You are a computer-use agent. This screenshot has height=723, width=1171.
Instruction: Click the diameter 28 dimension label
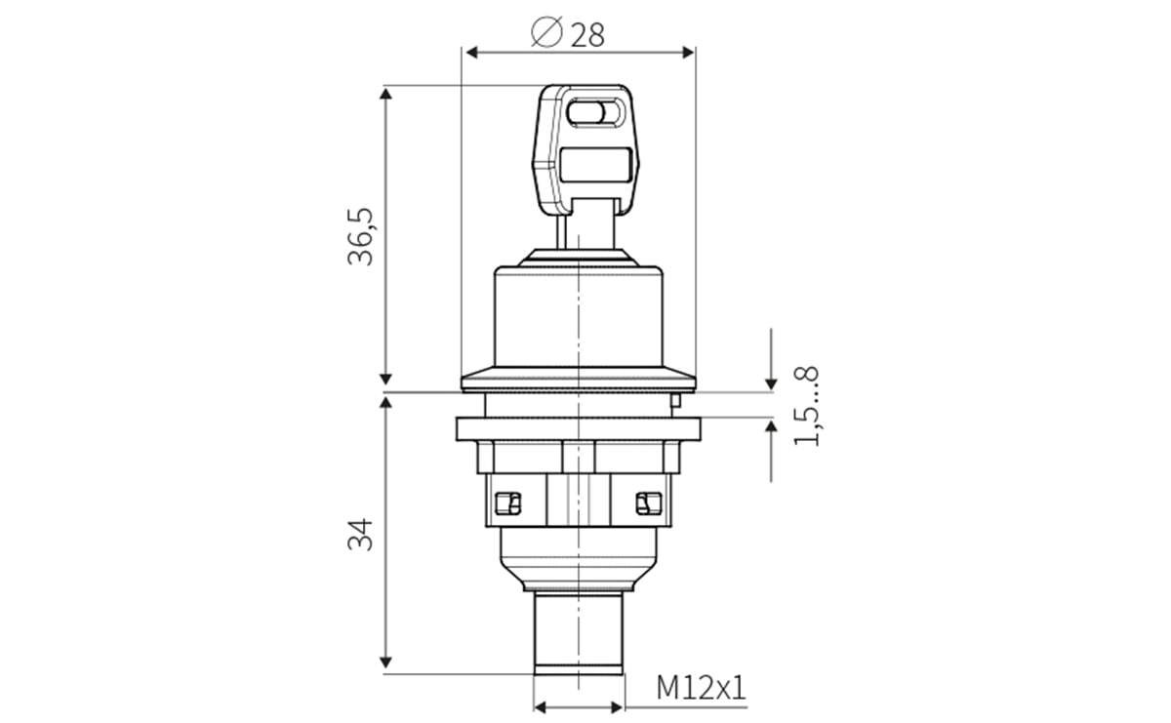570,34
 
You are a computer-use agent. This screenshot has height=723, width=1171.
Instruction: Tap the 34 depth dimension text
362,534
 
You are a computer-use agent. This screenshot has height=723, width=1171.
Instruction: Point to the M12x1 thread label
701,688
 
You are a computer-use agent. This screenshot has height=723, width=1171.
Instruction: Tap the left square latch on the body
507,502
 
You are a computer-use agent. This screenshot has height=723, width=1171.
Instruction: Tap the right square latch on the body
644,502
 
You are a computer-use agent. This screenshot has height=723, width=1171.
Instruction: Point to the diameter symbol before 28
546,34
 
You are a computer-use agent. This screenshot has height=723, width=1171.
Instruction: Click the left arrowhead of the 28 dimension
469,52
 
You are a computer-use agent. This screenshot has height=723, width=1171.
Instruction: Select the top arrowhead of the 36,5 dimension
386,94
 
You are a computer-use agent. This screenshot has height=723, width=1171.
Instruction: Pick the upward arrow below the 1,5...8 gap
771,429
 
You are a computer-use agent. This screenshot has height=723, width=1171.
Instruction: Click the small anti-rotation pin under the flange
674,399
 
